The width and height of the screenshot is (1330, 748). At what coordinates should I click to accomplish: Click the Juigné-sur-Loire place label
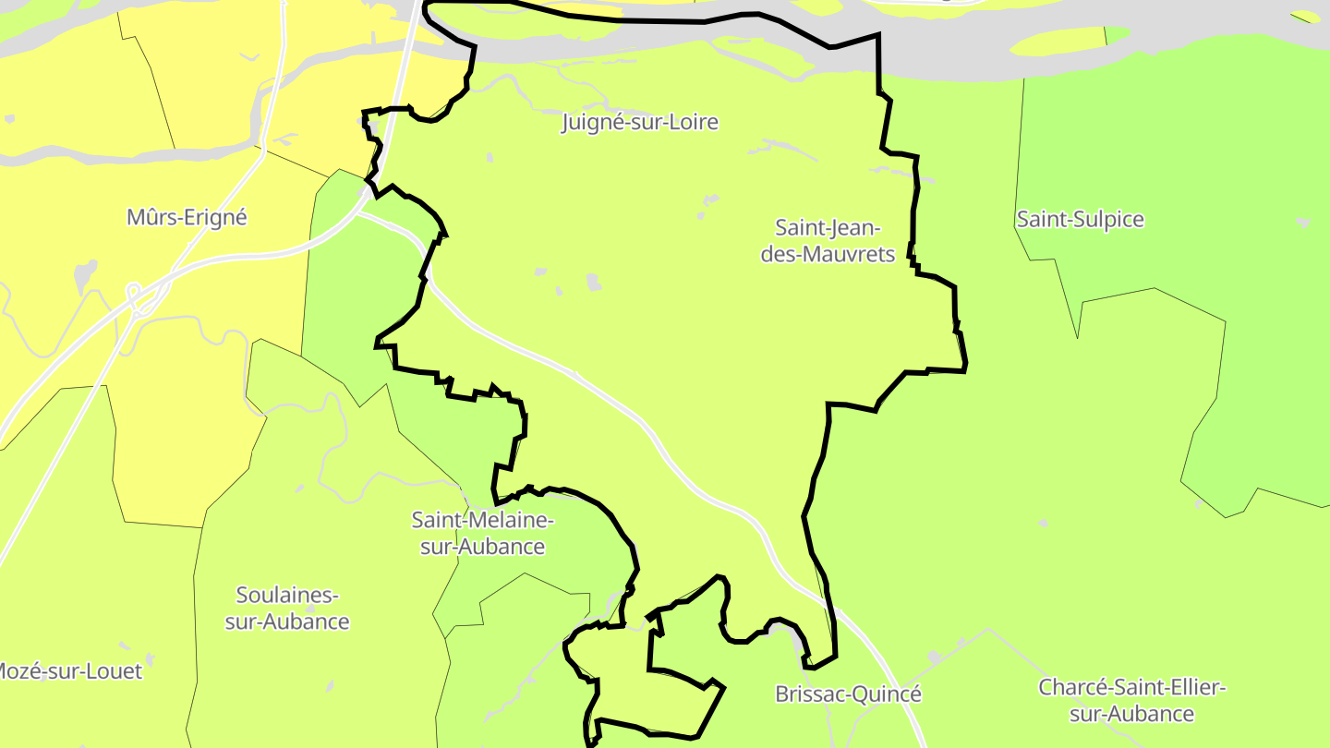[x=639, y=122]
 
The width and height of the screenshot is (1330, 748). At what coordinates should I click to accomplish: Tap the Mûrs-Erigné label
[x=187, y=217]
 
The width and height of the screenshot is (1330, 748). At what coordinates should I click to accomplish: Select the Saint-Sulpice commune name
[x=1080, y=219]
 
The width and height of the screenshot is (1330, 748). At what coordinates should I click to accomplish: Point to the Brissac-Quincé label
[x=848, y=694]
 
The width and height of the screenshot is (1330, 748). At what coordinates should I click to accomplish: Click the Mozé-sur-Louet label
[x=69, y=670]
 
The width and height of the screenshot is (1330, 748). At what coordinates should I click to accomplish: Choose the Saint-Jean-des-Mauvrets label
[x=828, y=240]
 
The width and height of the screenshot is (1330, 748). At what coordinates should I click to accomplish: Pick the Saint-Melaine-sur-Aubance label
[x=482, y=533]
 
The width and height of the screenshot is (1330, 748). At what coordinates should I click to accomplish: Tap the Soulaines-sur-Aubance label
[x=287, y=608]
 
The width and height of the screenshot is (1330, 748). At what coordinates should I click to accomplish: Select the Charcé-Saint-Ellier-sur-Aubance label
[x=1131, y=700]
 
